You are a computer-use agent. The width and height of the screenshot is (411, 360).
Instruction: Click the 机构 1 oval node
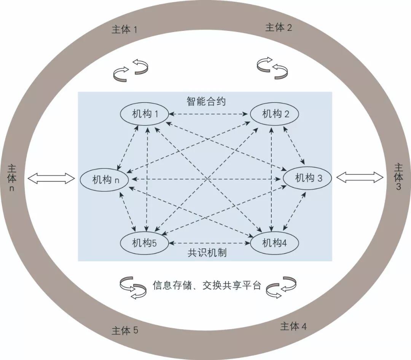coord(145,114)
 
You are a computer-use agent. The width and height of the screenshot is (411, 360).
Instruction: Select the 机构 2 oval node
coord(274,114)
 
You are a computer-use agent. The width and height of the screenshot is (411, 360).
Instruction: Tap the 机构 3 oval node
coord(307,178)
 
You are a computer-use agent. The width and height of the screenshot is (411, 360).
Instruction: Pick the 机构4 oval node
coord(274,243)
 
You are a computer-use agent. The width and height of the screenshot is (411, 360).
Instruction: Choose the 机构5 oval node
coord(144,243)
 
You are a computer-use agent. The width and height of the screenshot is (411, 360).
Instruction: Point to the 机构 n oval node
coord(104,179)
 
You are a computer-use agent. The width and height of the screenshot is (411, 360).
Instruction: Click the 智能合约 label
coord(206,101)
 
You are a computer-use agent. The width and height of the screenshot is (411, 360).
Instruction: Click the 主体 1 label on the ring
coord(124,30)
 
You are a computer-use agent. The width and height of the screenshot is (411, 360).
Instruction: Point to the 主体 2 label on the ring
coord(279,27)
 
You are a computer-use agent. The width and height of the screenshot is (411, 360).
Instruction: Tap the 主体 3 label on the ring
coord(398,177)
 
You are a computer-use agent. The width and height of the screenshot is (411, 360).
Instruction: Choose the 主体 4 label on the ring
coord(293,326)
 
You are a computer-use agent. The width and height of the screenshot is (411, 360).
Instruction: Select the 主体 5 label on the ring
coord(125,330)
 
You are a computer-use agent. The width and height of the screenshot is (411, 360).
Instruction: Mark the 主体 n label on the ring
coord(11,178)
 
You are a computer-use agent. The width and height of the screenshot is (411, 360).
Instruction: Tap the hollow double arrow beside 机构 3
coord(360,177)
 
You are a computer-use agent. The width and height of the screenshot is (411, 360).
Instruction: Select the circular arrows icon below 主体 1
coord(131,70)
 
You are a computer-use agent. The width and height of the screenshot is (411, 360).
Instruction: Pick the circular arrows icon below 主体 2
coord(272,68)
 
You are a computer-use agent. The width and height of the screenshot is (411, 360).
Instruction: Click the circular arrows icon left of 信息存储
coord(133,288)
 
